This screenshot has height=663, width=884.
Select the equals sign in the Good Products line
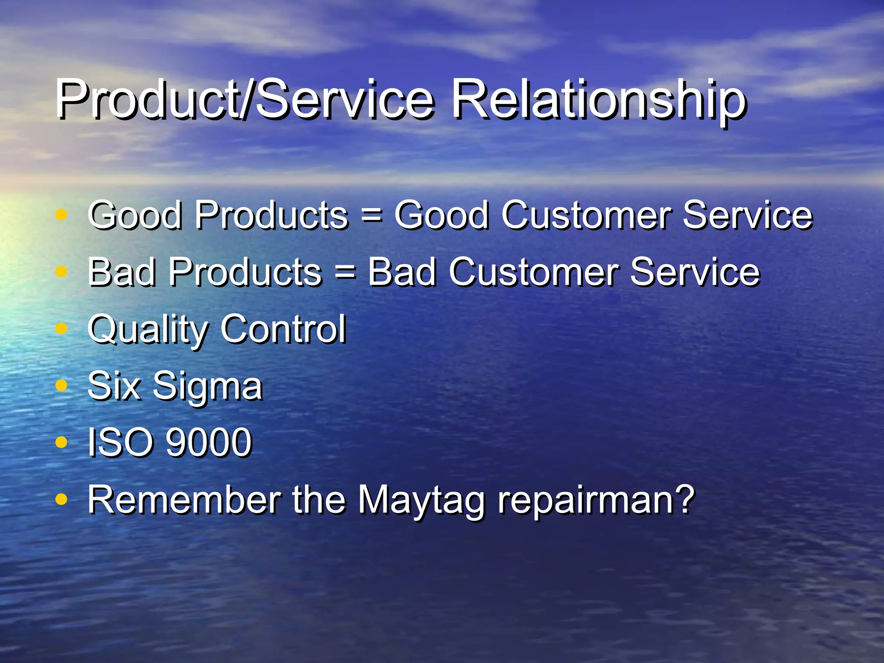pos(371,215)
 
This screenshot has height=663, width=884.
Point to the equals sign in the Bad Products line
pos(345,272)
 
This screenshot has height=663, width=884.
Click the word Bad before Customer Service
pos(402,272)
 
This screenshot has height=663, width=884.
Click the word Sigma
pos(208,386)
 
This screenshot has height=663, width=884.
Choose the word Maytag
pos(421,500)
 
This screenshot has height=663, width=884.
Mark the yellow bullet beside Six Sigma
pos(62,384)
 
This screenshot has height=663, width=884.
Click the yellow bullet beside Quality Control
pos(62,328)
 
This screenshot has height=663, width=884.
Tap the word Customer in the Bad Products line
pos(534,272)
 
